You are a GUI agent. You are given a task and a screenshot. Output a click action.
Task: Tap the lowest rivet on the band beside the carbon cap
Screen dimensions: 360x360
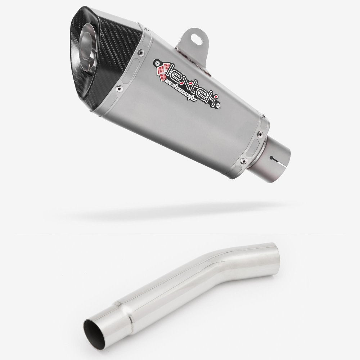[118, 87]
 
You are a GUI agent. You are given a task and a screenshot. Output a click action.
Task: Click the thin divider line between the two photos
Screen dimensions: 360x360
[180, 234]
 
